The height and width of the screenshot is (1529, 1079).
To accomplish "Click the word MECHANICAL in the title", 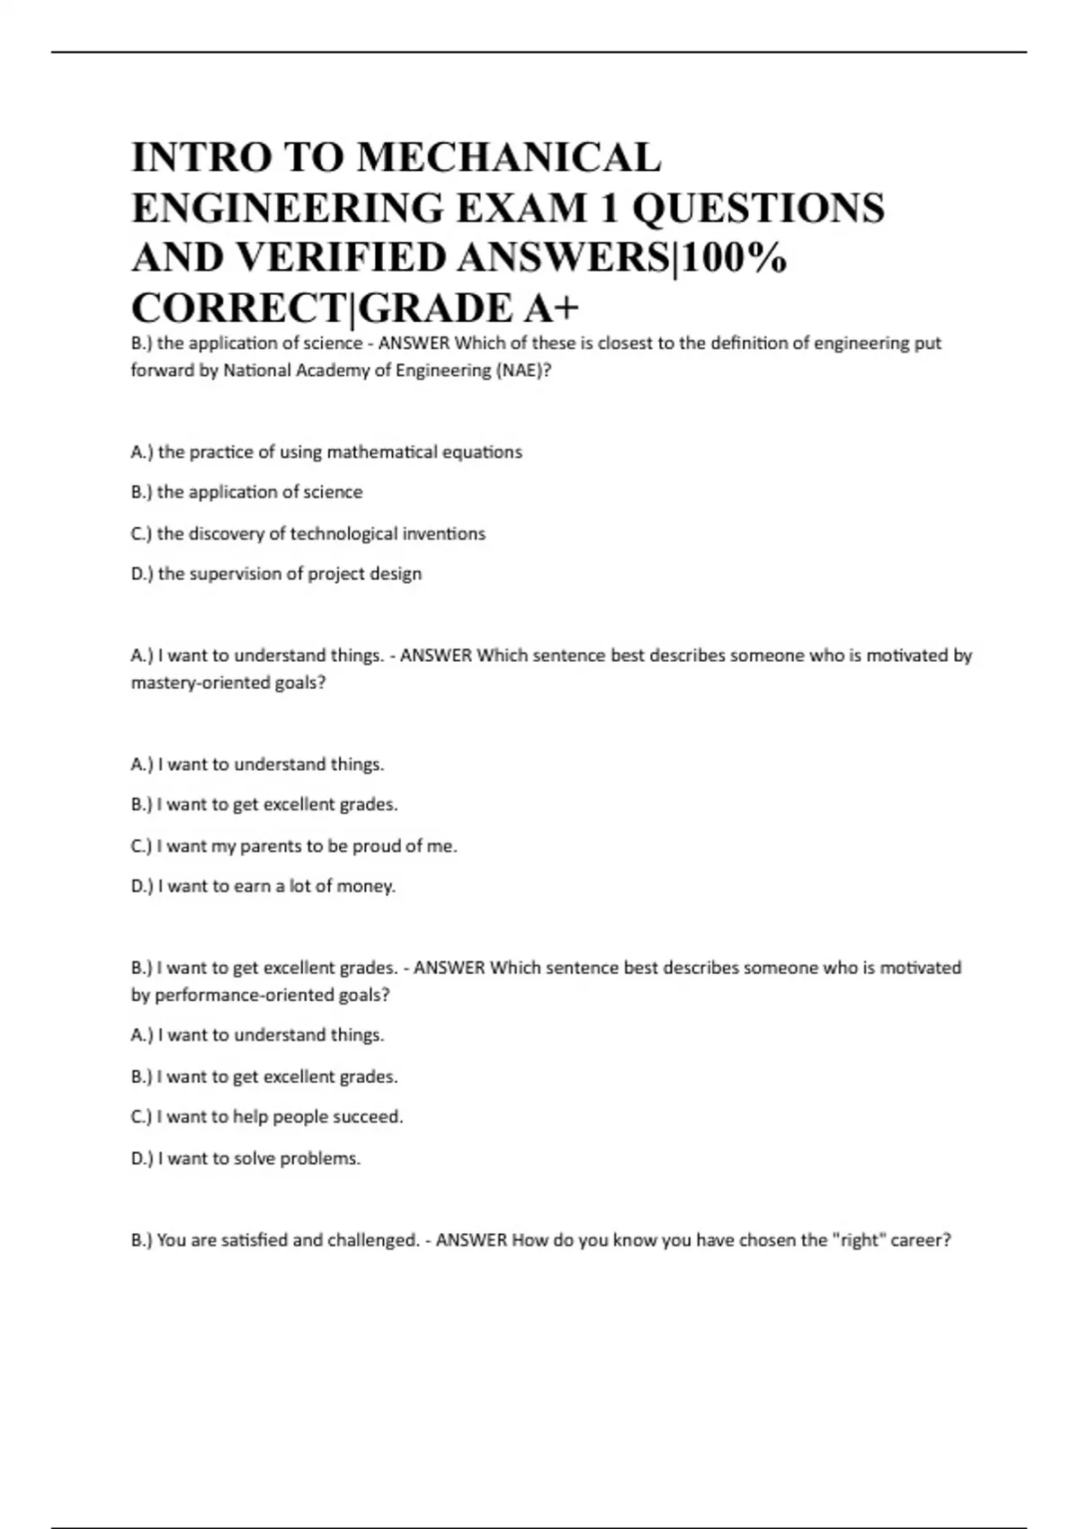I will (509, 157).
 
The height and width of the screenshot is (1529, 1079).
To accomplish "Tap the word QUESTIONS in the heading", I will (758, 208).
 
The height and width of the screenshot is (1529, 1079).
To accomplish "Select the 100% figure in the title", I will (736, 258).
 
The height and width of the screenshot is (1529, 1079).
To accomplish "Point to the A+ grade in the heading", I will (551, 308).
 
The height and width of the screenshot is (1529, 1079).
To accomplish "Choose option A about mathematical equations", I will (326, 452).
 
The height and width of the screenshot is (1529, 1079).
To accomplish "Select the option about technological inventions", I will (308, 533).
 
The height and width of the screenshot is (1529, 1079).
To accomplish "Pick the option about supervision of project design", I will (276, 574).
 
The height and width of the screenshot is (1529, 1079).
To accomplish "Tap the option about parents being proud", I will (294, 846).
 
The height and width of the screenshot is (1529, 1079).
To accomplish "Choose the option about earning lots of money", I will (263, 886).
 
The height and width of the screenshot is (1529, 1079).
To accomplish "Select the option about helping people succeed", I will (267, 1117).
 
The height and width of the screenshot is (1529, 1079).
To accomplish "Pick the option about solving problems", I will (245, 1158).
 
